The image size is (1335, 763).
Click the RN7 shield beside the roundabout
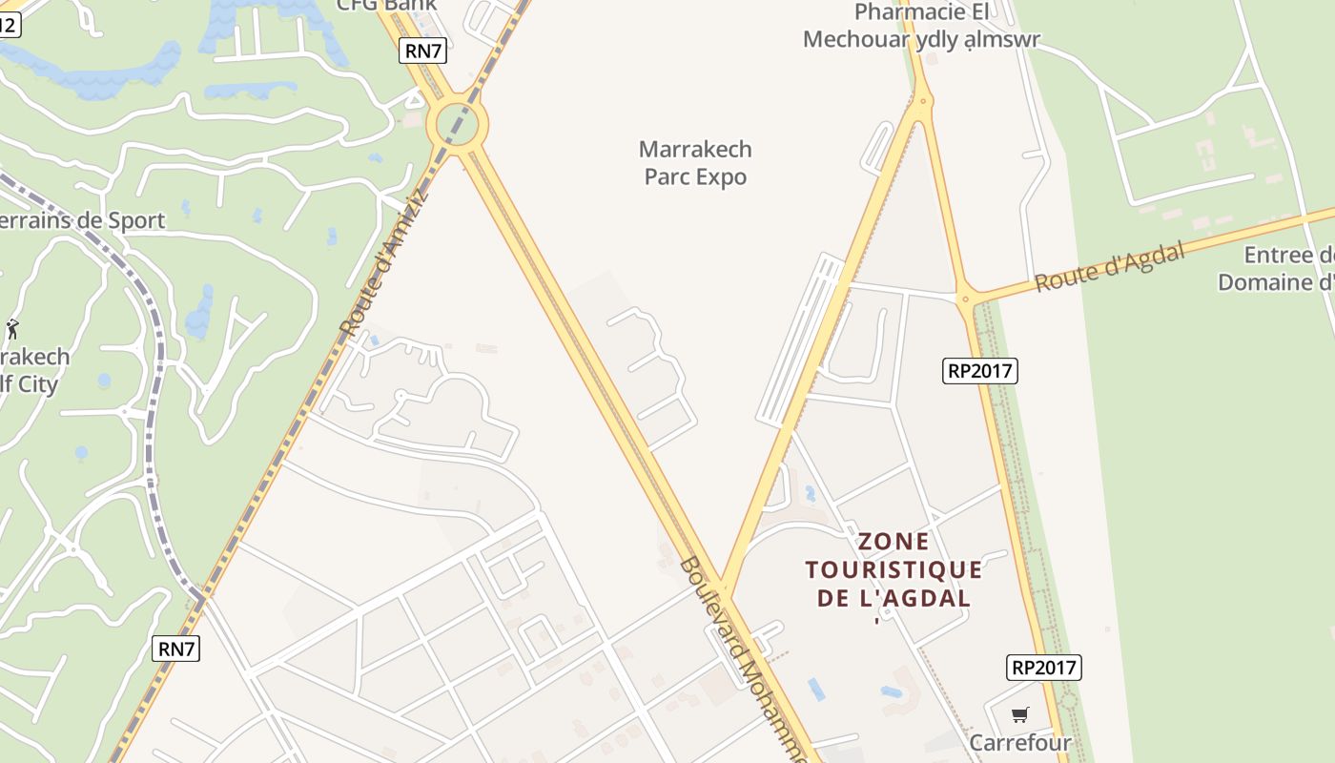[x=422, y=52]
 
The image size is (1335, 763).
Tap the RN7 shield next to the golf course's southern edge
[x=175, y=650]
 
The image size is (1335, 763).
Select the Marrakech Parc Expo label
[x=695, y=163]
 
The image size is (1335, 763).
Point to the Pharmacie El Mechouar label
[x=921, y=26]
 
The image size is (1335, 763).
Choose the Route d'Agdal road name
[x=1110, y=267]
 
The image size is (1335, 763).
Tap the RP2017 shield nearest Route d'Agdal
[x=980, y=371]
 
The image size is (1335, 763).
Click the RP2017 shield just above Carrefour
[x=1043, y=668]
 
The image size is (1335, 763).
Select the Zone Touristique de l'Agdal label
[x=893, y=569]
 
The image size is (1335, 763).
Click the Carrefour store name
[x=1020, y=742]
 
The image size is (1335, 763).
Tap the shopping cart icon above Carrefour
[x=1020, y=713]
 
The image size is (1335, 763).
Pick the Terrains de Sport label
[x=82, y=220]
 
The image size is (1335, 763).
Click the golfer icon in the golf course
[x=12, y=330]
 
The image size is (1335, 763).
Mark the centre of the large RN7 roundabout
[x=458, y=123]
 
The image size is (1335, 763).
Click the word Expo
[x=722, y=177]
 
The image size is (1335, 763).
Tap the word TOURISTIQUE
[x=893, y=570]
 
